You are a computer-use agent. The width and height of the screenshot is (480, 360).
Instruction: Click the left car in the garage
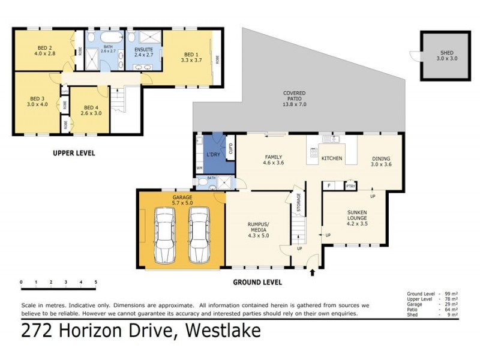pyautogui.click(x=164, y=236)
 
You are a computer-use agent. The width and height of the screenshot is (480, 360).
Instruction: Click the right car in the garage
pyautogui.click(x=199, y=236)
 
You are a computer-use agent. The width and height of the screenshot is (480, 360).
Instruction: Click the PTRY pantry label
pyautogui.click(x=350, y=186)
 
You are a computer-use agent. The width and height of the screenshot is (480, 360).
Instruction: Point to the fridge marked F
pyautogui.click(x=329, y=186)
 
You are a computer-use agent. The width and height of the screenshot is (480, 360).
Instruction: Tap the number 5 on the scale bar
pyautogui.click(x=95, y=281)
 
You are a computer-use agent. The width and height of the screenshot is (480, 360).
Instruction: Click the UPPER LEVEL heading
pyautogui.click(x=74, y=153)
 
